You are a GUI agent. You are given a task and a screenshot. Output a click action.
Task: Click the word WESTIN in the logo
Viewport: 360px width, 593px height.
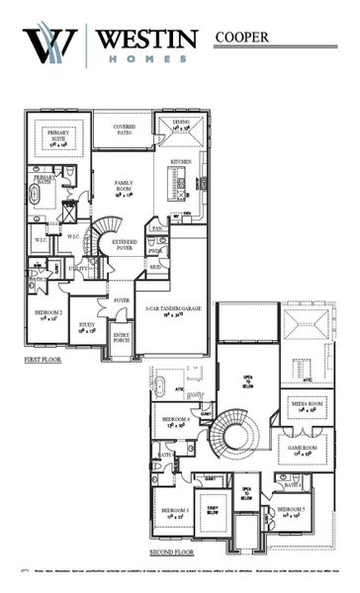coord(147,40)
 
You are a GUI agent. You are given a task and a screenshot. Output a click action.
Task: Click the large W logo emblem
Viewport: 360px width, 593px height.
coord(51,45)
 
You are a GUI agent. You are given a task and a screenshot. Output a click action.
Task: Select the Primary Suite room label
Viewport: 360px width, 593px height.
coord(51,138)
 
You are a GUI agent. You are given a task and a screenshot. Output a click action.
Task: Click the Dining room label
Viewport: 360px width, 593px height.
coord(180,126)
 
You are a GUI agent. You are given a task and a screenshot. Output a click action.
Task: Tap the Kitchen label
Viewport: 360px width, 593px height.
coord(180,160)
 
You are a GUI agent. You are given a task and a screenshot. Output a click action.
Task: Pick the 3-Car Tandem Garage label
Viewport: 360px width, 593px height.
coord(170,311)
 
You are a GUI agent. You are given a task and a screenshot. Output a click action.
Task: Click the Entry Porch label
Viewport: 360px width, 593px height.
coord(121,338)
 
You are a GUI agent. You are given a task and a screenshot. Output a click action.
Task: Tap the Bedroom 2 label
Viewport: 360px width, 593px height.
coord(48,315)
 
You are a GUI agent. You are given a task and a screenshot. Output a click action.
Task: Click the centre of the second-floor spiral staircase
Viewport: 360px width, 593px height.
coord(237,433)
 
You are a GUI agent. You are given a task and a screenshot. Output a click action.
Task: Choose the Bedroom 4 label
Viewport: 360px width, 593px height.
coord(178,422)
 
